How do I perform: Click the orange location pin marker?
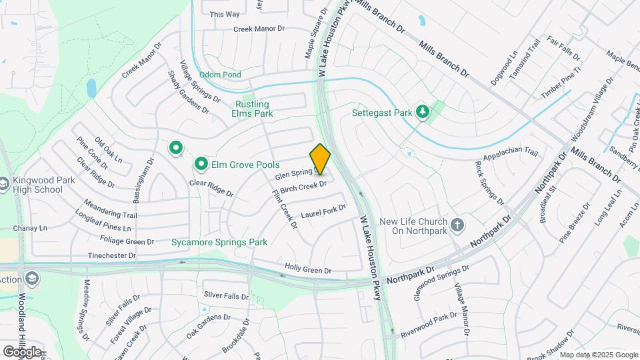point(321,159)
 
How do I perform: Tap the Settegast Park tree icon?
point(421,111)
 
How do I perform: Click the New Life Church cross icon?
point(457,225)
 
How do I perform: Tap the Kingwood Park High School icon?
point(4,183)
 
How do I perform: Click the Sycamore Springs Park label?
point(219,242)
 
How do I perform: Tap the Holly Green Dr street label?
point(308,269)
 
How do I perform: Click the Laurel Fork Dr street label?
point(324,212)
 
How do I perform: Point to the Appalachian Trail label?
point(510,152)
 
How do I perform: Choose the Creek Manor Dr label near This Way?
point(259,29)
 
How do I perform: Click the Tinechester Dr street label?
point(111,255)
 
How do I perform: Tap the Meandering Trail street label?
point(110,209)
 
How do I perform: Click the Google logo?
point(22,351)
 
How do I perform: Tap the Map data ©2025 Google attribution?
point(599,355)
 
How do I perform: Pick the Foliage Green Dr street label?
point(126,240)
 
